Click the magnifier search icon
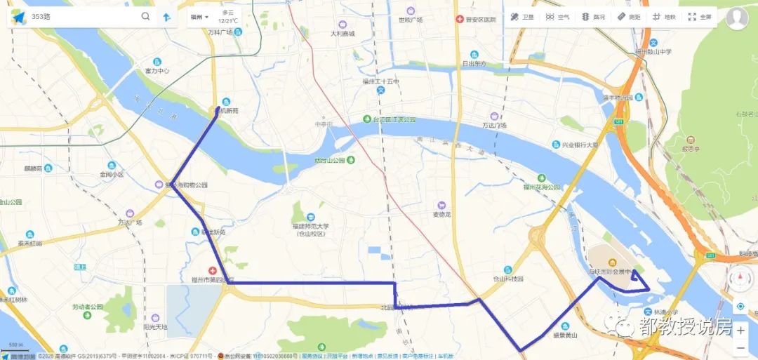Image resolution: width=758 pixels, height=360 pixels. tap(145, 16)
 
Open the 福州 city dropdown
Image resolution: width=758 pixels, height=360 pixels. tap(199, 17)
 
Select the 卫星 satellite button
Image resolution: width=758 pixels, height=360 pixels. tap(522, 17)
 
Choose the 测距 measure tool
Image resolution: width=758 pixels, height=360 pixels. tap(629, 17)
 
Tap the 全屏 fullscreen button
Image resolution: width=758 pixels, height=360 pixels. tap(700, 17)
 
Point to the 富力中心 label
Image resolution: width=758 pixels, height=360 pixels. tap(157, 71)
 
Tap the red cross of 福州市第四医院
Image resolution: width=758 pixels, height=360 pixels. tap(211, 271)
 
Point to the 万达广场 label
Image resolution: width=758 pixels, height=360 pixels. tap(494, 125)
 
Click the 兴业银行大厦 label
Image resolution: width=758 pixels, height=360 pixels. tap(579, 145)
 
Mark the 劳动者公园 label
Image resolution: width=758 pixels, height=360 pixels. tap(87, 307)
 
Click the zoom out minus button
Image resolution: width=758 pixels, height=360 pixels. tap(740, 347)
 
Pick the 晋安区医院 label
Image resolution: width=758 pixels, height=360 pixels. tap(480, 20)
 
